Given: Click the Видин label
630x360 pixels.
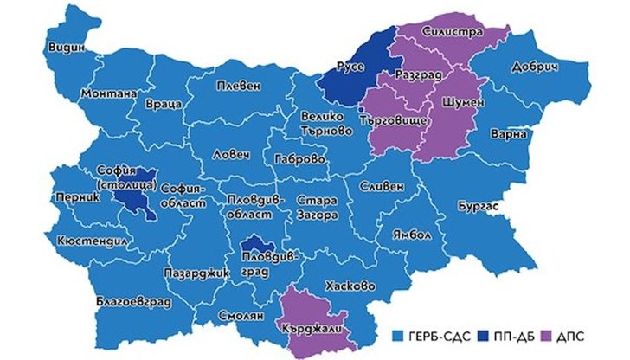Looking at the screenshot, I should (67, 48).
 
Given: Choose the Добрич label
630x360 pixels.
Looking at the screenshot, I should (550, 66).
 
